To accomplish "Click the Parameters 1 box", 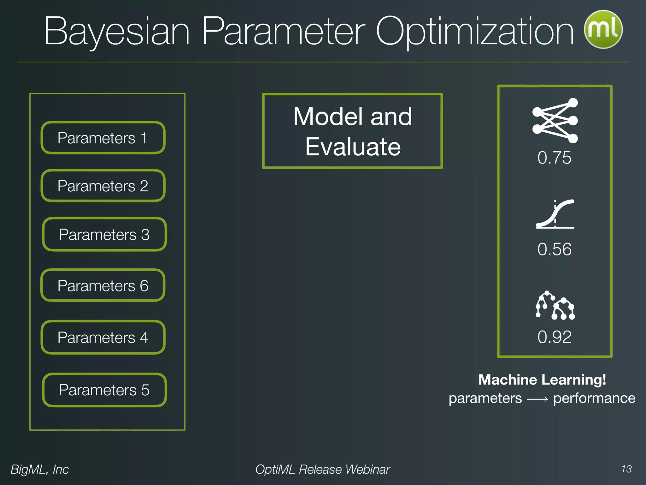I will [x=103, y=138].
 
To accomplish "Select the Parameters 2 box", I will [x=103, y=186].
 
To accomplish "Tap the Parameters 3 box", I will [x=104, y=234].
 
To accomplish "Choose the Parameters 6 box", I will [x=103, y=285].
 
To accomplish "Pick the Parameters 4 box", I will [x=103, y=337].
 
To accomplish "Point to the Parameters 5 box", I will [x=104, y=390].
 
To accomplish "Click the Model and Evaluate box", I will [x=352, y=131].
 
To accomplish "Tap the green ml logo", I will [x=603, y=29].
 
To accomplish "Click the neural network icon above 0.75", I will [x=555, y=121].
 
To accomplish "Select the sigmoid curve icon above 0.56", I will [x=555, y=214].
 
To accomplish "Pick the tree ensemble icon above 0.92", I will [x=555, y=305].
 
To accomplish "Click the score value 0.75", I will [x=554, y=158].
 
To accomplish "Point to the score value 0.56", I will [x=554, y=249].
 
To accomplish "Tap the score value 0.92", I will [x=554, y=337].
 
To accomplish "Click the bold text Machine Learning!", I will [x=542, y=380].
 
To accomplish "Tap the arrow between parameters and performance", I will [x=537, y=399].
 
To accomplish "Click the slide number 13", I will [x=626, y=469].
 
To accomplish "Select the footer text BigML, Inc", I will [x=40, y=469].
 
